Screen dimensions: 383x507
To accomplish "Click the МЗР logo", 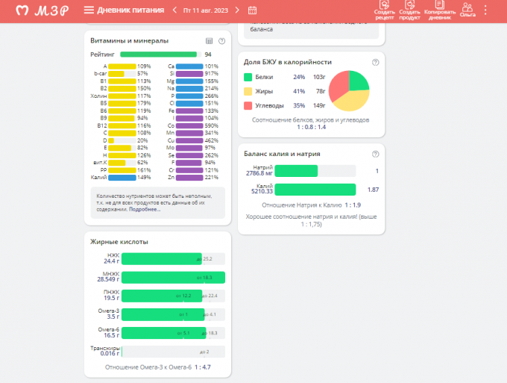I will [x=44, y=10].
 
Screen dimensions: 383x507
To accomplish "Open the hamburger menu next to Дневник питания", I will [x=89, y=10].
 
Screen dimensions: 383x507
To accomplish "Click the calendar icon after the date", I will [x=252, y=10].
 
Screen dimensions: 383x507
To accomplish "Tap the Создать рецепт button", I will [x=385, y=10].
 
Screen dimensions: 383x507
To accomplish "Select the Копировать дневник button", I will [x=439, y=10].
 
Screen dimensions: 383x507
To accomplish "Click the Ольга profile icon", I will [x=467, y=10].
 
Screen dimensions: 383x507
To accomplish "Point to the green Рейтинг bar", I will [x=158, y=55].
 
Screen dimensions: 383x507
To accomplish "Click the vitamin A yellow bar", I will [x=122, y=66].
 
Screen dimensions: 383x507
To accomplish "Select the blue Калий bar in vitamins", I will [x=122, y=178].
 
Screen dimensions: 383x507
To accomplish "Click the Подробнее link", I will [x=145, y=209].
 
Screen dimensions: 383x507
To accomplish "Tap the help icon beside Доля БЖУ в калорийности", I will [x=375, y=62].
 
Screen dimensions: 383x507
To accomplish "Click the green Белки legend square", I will [x=248, y=77].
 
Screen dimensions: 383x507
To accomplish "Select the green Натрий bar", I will [x=296, y=171].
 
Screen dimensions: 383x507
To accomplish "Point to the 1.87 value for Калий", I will [x=373, y=190].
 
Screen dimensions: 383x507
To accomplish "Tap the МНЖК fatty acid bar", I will [x=172, y=277].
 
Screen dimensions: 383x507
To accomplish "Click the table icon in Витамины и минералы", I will [x=209, y=40].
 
